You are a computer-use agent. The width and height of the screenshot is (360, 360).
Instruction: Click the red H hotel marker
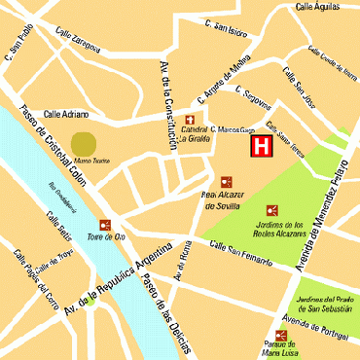[262, 147]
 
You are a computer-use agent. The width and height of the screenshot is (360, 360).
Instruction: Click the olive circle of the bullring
[85, 142]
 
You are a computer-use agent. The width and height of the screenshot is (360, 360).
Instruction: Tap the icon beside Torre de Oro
[105, 225]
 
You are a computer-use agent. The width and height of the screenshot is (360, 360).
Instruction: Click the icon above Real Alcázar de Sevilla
[227, 181]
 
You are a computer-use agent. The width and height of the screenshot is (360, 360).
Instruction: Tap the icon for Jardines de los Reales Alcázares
[272, 209]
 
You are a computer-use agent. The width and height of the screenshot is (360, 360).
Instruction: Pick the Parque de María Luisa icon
[280, 336]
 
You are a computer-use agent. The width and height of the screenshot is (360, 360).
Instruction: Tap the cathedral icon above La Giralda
[190, 120]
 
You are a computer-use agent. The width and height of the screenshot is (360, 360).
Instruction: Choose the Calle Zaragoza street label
[78, 38]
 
